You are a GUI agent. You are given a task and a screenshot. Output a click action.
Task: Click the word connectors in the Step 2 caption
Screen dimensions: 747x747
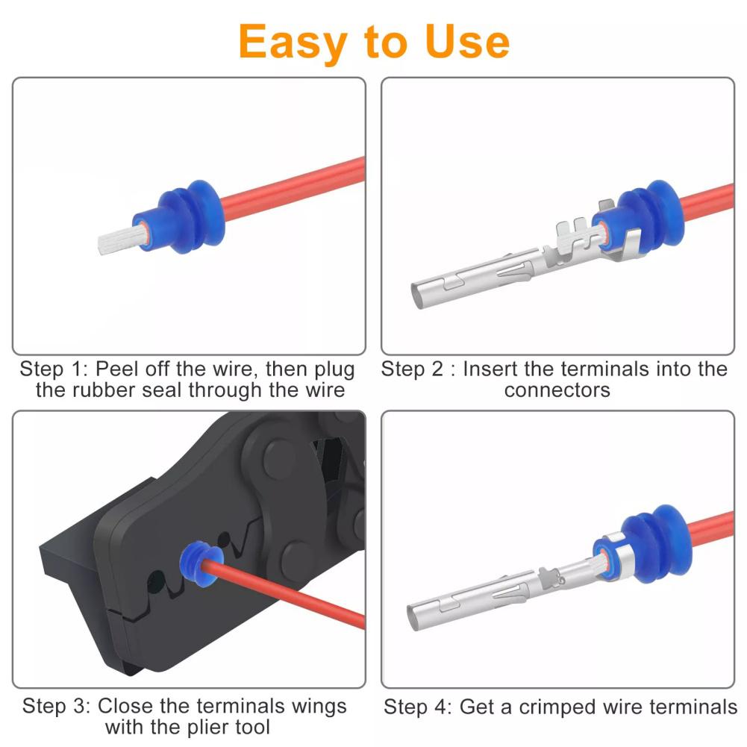(x=557, y=390)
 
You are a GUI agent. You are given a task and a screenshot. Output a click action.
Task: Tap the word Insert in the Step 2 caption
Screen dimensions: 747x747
(x=494, y=369)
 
